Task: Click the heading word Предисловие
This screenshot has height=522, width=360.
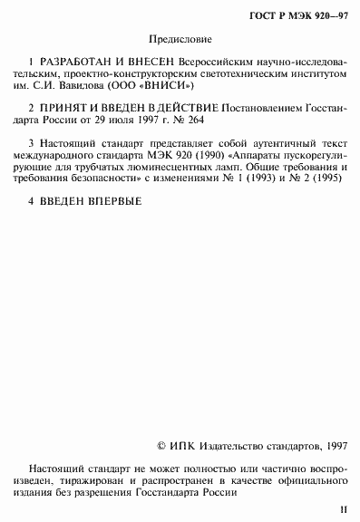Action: [x=178, y=41]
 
